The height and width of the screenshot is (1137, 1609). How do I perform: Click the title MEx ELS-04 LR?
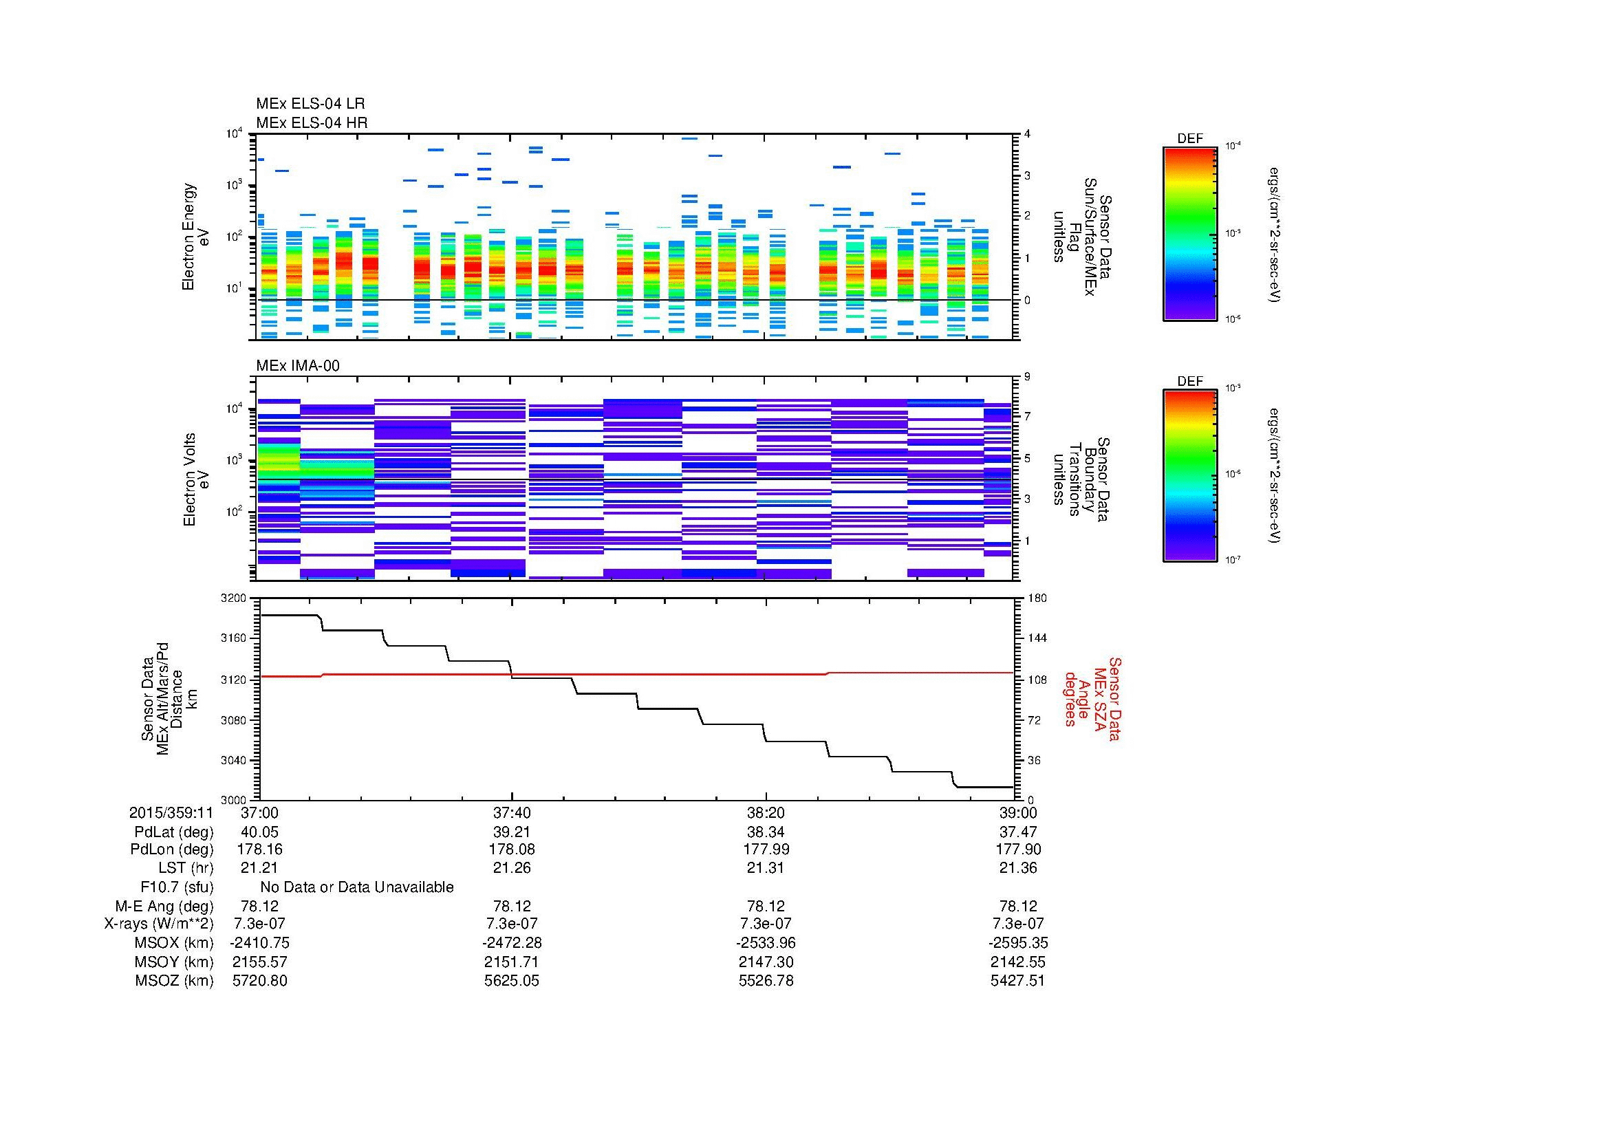(x=310, y=104)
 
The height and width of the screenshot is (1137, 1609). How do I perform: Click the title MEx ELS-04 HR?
(x=311, y=122)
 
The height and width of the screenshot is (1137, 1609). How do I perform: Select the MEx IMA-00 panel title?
(x=297, y=366)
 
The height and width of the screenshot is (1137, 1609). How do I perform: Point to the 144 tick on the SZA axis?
(x=1037, y=638)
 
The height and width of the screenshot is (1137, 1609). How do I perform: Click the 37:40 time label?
(x=512, y=812)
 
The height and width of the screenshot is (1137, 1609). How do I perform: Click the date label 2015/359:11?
(x=171, y=812)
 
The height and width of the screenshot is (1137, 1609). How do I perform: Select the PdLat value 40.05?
(x=259, y=832)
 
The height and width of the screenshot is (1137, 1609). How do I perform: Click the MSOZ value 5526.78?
(x=766, y=981)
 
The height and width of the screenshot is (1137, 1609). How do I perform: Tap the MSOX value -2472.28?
(x=512, y=943)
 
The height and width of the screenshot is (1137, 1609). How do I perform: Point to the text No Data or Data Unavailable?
(x=357, y=887)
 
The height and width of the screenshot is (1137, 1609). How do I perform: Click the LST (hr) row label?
(x=186, y=868)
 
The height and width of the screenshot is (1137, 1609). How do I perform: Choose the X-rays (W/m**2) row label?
(x=158, y=924)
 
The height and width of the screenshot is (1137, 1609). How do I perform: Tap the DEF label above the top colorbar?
(x=1189, y=139)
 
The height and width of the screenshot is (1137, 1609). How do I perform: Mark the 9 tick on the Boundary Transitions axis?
(x=1027, y=377)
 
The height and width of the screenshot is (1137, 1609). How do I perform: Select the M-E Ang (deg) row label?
(x=164, y=906)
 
